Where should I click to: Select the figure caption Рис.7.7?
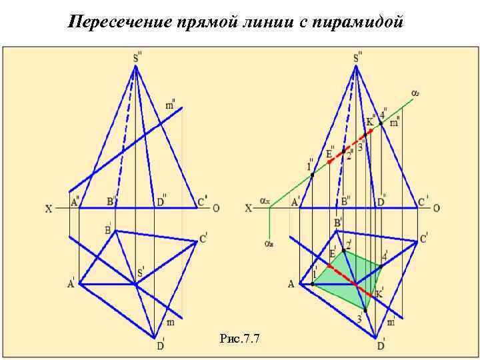[x=239, y=339]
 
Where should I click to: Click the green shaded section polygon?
[x=347, y=273]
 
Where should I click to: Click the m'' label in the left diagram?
[x=171, y=105]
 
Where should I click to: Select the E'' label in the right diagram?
[x=330, y=153]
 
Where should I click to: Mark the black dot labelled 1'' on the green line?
[x=313, y=175]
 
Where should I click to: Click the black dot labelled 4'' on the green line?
[x=381, y=123]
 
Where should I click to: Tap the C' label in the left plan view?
[x=203, y=237]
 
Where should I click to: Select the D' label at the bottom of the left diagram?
[x=161, y=345]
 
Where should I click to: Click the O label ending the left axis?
[x=215, y=208]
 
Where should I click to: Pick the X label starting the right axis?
[x=249, y=209]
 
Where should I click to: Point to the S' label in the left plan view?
[x=141, y=272]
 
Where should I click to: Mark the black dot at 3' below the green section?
[x=365, y=310]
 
